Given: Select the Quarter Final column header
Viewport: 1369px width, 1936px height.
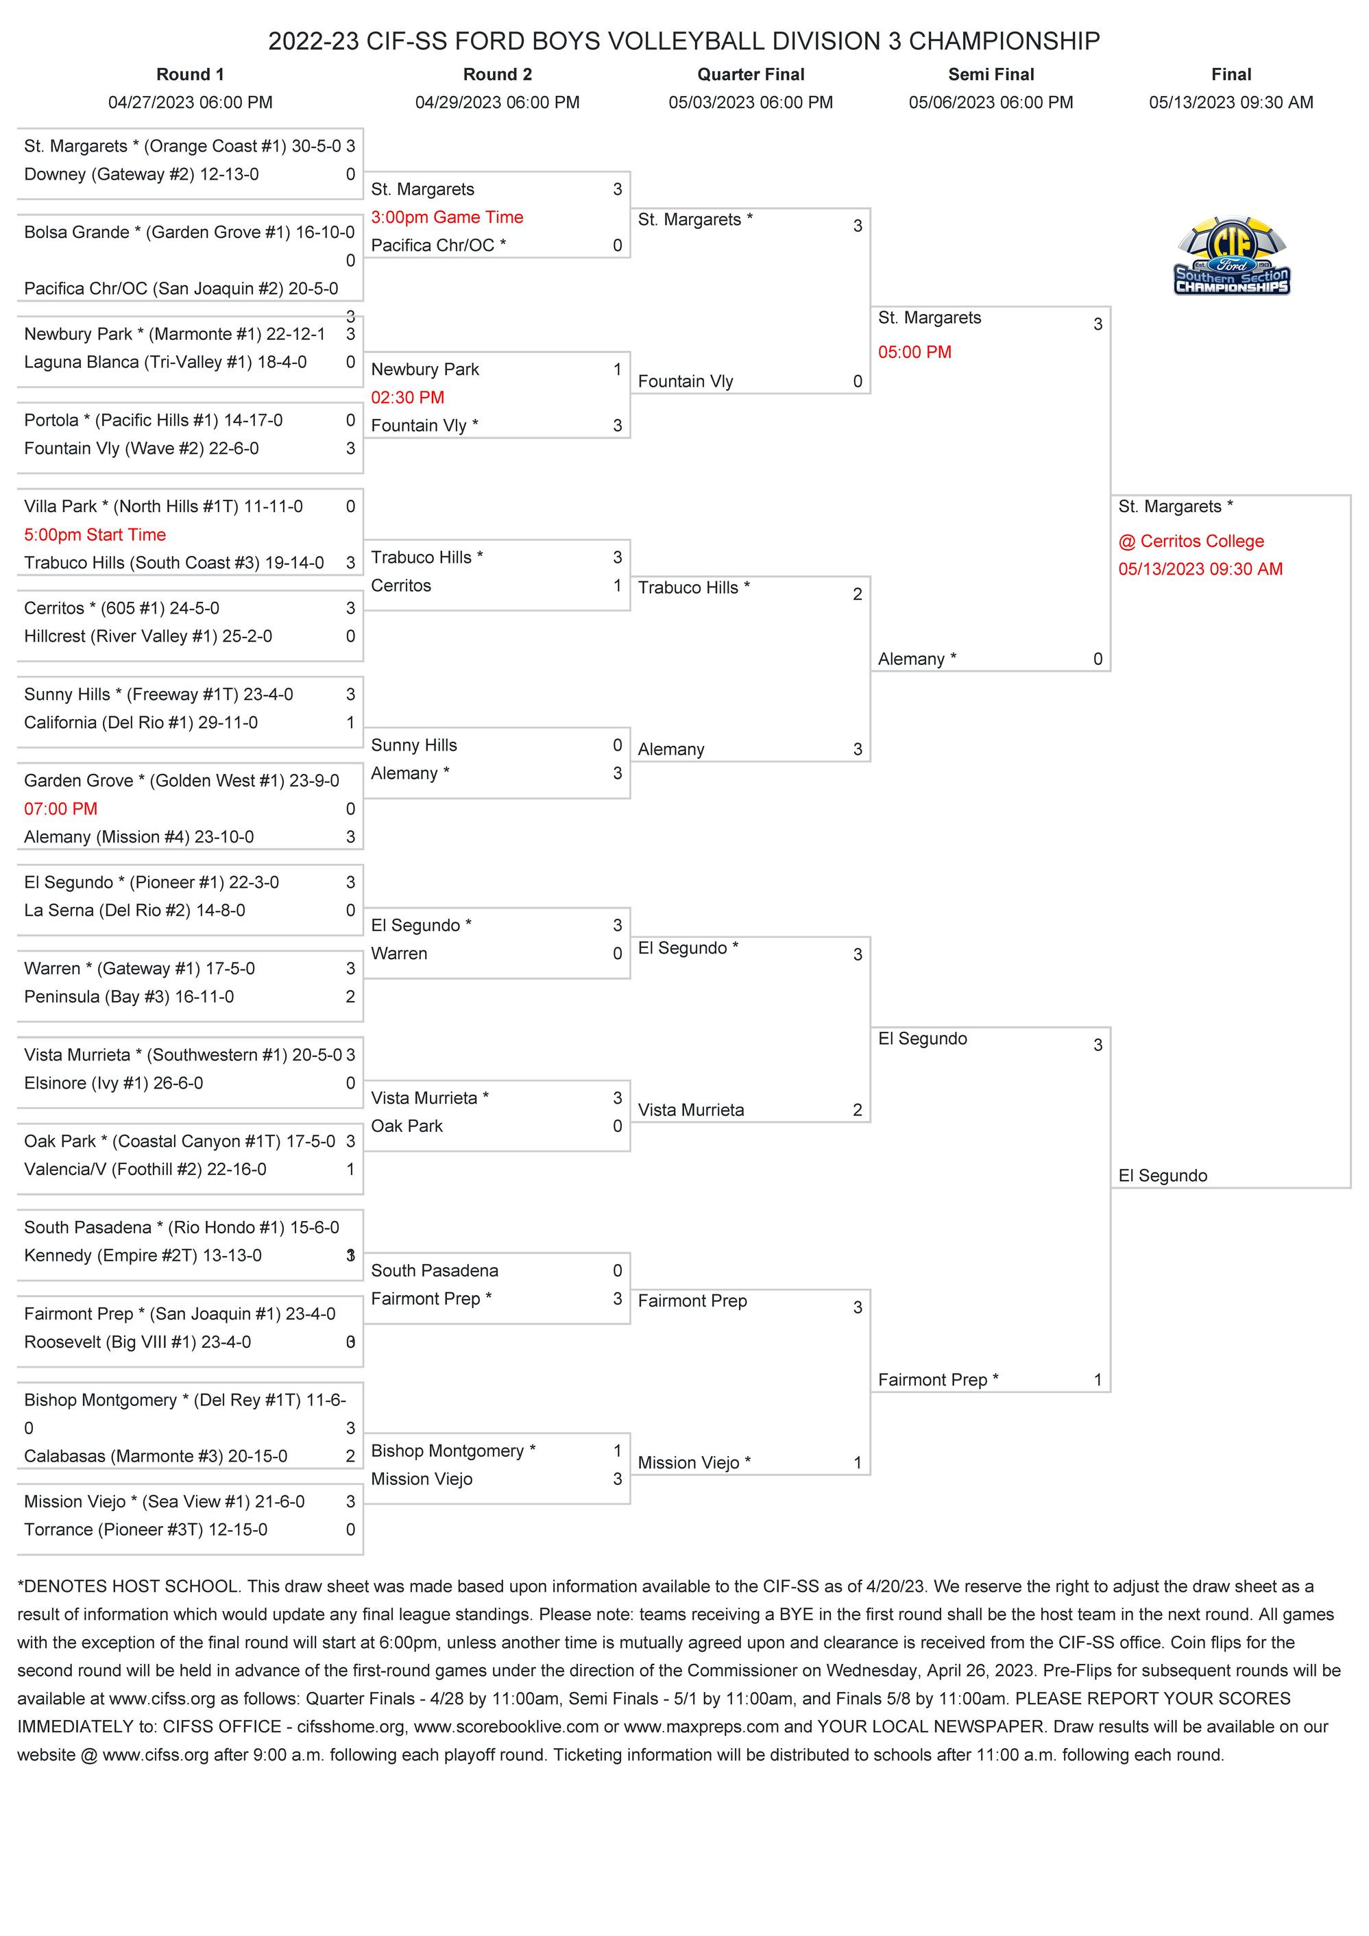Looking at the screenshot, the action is (x=750, y=74).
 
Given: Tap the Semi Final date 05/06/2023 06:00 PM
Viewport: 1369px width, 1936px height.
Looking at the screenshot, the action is (x=991, y=103).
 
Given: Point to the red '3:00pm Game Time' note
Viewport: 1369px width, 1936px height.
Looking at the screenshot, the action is (x=447, y=217).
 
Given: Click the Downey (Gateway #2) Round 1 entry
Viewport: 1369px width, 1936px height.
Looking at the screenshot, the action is (x=142, y=175).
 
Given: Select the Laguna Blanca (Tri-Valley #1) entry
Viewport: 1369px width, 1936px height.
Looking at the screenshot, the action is (x=165, y=363).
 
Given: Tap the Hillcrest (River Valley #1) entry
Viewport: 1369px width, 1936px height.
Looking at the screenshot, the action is (x=148, y=637).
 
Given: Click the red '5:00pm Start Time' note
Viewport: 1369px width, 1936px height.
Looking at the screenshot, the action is (x=95, y=535).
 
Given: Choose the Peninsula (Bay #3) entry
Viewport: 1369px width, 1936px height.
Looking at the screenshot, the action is (x=129, y=997).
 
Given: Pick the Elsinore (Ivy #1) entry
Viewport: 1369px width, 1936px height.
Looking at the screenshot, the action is (x=114, y=1084).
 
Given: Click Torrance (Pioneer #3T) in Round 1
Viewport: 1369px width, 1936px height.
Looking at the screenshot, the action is (x=146, y=1529).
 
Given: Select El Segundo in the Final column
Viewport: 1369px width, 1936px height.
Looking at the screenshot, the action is (x=1163, y=1176).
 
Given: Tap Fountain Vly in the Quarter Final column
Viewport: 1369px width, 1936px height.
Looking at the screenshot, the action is (x=686, y=382).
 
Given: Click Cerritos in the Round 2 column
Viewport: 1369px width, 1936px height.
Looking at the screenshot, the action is (x=401, y=586).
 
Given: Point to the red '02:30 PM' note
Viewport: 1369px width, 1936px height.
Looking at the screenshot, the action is (x=407, y=398).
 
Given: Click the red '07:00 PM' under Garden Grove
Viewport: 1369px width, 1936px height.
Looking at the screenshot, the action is (x=61, y=810).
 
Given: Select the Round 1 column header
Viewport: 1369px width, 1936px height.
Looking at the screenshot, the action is (x=190, y=74).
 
